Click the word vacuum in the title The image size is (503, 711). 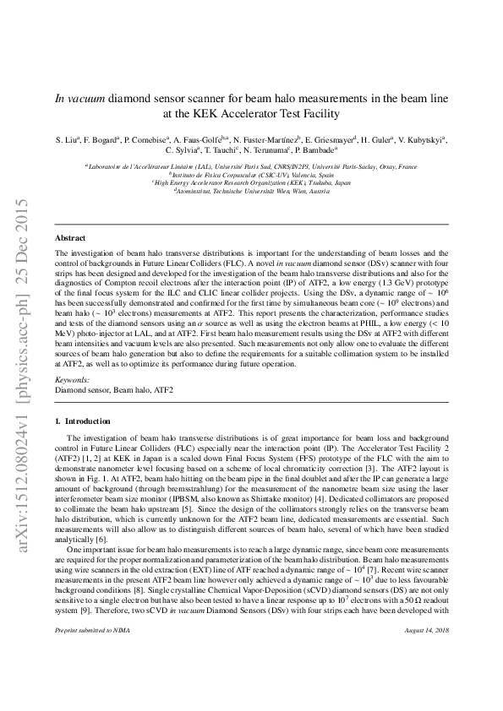85,97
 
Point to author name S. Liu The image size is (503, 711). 66,138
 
